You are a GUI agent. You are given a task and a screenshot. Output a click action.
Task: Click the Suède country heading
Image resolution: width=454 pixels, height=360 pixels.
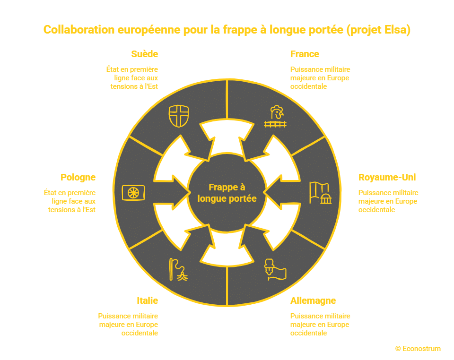[144, 54]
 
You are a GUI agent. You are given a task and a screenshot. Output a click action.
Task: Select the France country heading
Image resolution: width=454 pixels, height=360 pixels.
[305, 54]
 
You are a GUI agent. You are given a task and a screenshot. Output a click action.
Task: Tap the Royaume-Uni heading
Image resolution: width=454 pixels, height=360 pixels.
[387, 178]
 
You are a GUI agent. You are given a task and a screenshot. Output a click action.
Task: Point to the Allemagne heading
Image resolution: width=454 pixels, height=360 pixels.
[313, 300]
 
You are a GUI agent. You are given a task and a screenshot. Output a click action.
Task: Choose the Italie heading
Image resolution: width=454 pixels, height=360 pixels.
[147, 300]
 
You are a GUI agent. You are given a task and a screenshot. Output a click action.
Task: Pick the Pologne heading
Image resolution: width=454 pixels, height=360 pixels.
[78, 178]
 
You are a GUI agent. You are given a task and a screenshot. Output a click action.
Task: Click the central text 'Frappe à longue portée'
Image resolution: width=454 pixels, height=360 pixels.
[227, 193]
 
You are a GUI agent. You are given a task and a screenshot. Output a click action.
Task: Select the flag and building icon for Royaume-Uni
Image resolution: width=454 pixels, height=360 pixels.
[320, 192]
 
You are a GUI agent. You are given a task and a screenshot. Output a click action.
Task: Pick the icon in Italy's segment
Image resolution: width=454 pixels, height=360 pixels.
[178, 270]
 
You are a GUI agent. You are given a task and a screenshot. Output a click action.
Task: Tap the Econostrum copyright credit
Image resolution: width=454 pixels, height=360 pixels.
[418, 349]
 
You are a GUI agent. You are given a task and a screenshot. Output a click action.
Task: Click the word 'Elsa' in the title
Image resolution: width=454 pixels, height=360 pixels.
[396, 30]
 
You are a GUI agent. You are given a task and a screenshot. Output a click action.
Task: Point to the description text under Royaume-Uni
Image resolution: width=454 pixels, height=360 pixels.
[388, 201]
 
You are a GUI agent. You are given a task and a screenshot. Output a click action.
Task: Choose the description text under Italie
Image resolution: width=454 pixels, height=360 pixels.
[128, 324]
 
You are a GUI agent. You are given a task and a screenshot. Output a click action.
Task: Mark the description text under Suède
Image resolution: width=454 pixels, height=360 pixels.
[132, 77]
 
